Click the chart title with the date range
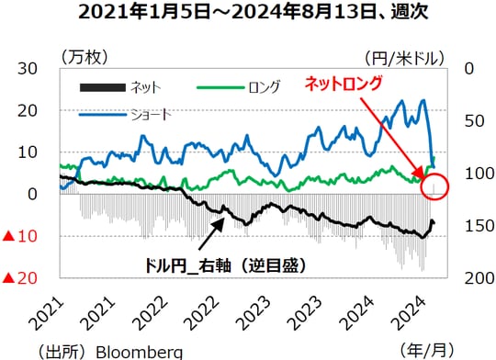point(247,13)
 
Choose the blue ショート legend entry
point(150,115)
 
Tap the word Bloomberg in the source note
point(139,351)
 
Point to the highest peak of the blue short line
point(423,101)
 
